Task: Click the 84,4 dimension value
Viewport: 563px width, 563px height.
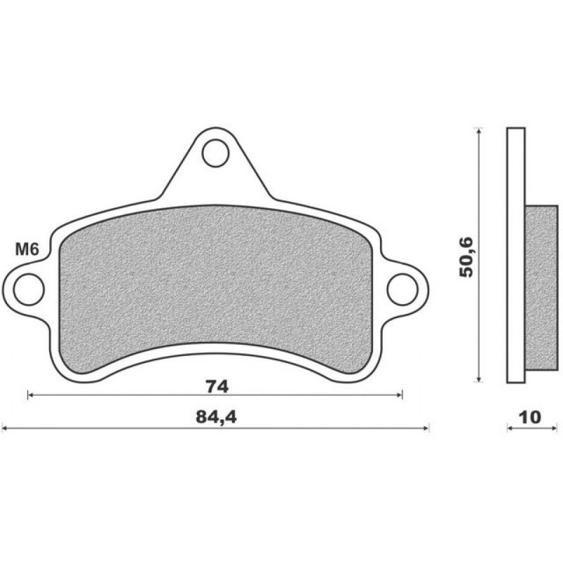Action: point(215,417)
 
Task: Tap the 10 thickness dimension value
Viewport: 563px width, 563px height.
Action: point(530,417)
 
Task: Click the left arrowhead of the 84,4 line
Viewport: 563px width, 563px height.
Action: point(6,426)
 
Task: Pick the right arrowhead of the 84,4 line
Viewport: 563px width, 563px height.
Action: point(426,426)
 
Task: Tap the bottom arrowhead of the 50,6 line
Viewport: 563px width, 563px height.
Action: point(479,379)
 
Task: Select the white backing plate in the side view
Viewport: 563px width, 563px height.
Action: point(516,176)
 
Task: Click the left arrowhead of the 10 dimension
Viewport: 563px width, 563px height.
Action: point(510,426)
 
